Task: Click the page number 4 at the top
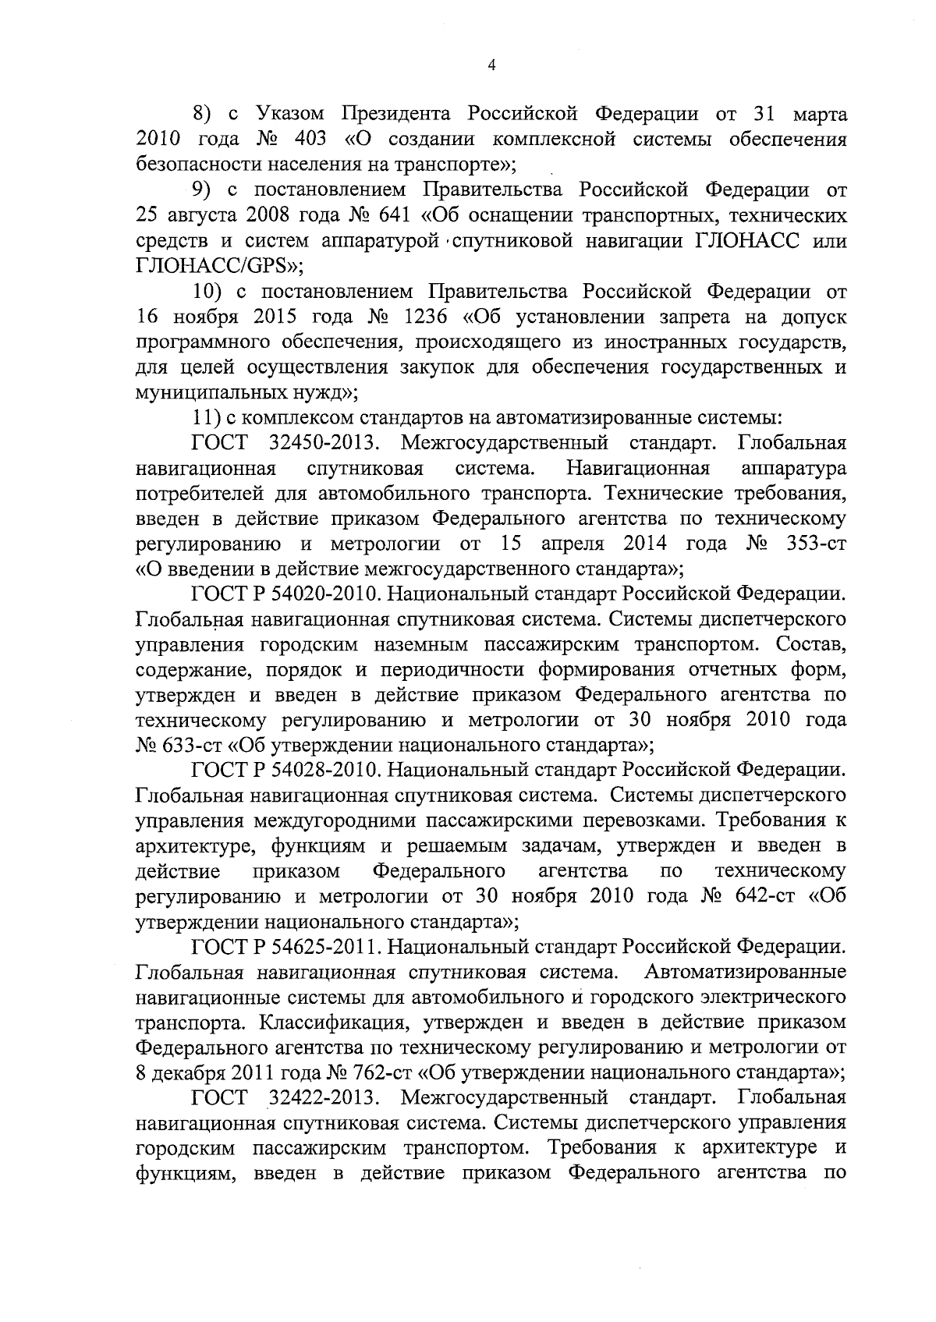491,66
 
